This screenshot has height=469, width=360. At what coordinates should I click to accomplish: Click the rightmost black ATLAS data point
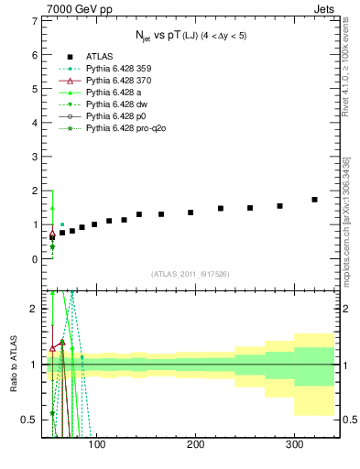tap(314, 199)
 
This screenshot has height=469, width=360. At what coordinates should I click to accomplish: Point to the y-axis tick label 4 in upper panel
tap(35, 122)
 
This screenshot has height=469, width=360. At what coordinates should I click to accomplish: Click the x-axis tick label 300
tap(294, 446)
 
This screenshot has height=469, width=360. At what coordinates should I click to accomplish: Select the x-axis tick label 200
tap(195, 446)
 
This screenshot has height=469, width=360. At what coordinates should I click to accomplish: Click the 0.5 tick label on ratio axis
tap(29, 420)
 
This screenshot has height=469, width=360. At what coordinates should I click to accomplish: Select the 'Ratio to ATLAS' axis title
tap(13, 365)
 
